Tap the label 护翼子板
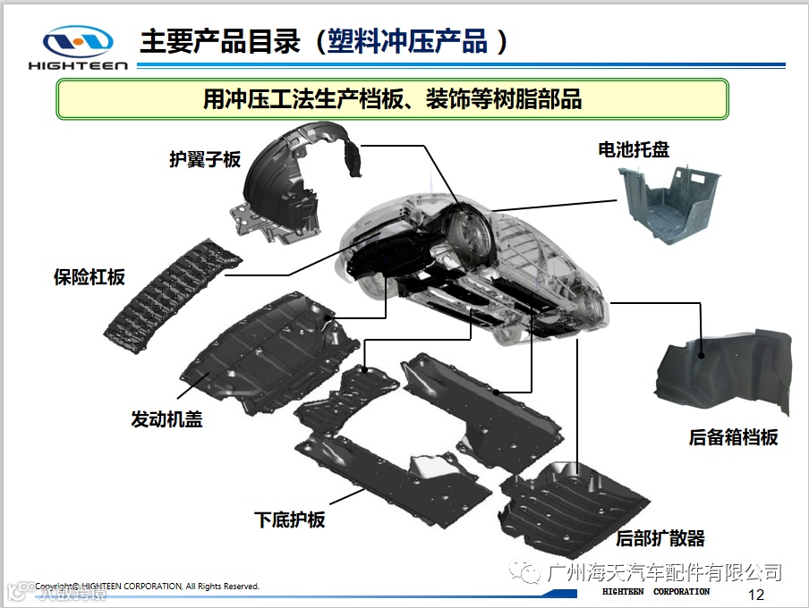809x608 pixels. (205, 159)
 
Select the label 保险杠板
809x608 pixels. (89, 277)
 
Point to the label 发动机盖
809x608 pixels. (166, 418)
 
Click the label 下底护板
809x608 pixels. (289, 520)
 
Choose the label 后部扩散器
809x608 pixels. (660, 538)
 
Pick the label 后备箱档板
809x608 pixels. (733, 437)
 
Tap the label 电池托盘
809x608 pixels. (634, 149)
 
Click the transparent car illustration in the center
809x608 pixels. (474, 268)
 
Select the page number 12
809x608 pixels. (755, 595)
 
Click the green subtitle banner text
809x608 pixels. (392, 98)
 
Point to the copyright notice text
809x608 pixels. (147, 587)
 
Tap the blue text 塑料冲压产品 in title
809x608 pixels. (407, 41)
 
